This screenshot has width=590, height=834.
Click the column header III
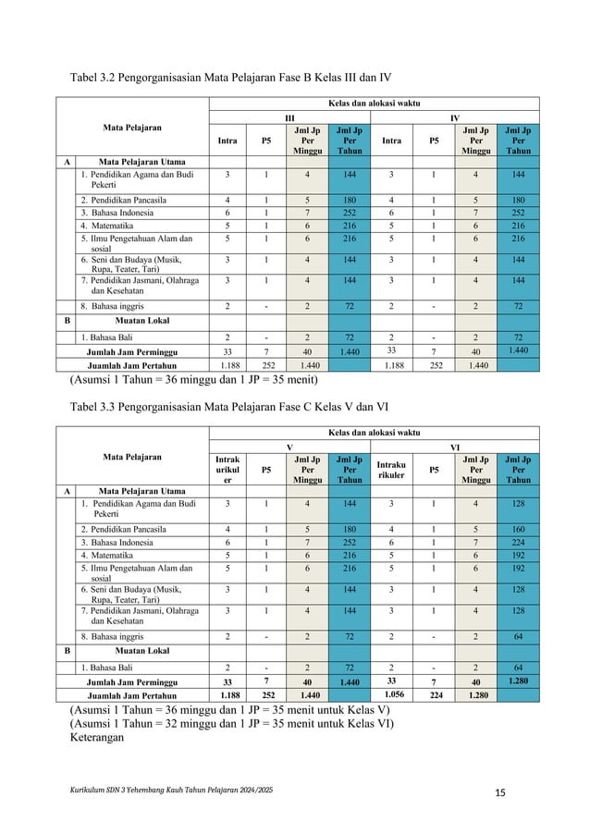289,119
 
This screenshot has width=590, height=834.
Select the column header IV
454,119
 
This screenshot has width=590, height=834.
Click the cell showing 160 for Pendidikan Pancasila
518,529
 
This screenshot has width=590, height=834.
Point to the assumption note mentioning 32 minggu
231,723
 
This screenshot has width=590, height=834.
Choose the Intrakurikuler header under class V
227,469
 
